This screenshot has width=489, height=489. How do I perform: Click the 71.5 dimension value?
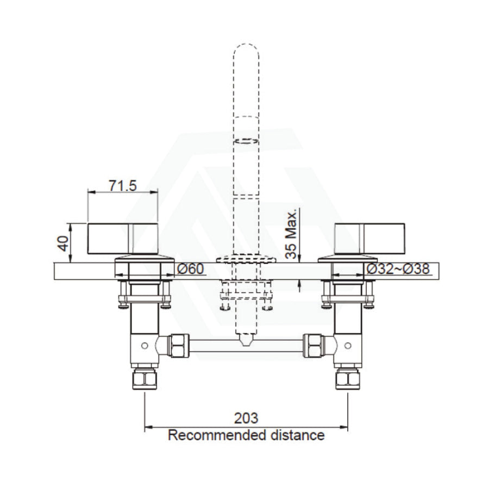[123, 186]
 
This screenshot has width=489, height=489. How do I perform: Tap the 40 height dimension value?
[64, 243]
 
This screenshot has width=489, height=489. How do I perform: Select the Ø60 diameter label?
[190, 268]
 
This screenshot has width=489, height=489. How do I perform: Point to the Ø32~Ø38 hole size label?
[398, 268]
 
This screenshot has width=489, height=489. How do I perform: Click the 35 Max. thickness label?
[292, 235]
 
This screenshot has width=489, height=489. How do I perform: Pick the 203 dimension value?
[246, 418]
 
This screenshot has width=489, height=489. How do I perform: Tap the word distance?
[298, 435]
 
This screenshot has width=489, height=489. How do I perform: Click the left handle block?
[123, 239]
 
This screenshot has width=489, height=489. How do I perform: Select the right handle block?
[369, 239]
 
